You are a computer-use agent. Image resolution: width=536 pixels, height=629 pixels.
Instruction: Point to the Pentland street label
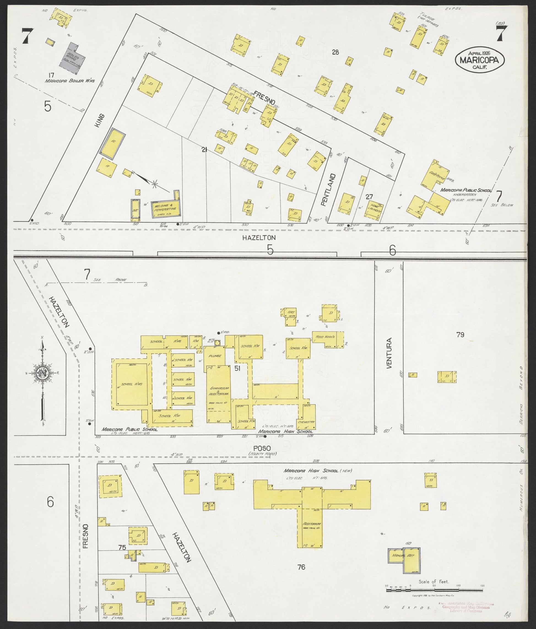[x=333, y=190]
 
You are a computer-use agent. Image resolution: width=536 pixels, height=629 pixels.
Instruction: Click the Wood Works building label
[x=325, y=337]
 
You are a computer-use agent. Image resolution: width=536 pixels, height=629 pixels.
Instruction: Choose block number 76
[x=301, y=567]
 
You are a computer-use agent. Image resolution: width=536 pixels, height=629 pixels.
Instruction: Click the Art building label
[x=291, y=312]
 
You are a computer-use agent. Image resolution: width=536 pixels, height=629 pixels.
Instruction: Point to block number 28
[x=335, y=53]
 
